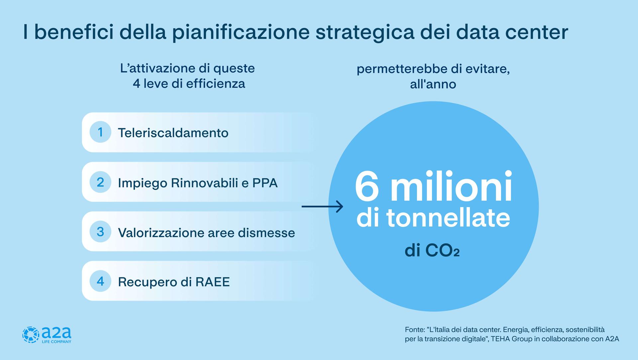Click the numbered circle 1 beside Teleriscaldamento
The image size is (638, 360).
click(100, 132)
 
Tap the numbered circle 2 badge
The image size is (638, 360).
click(100, 182)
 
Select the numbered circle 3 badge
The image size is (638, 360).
click(100, 231)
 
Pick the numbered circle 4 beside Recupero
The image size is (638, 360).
click(100, 281)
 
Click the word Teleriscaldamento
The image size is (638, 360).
click(173, 133)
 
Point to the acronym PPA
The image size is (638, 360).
click(265, 183)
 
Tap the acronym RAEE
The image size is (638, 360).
click(212, 282)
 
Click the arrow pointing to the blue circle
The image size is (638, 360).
click(322, 207)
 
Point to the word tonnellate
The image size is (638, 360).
click(448, 218)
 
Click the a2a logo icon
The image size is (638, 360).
click(31, 335)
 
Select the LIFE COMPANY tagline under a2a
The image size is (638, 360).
click(56, 341)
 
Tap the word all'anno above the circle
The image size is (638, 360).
click(433, 84)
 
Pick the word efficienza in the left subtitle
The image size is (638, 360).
click(216, 83)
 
